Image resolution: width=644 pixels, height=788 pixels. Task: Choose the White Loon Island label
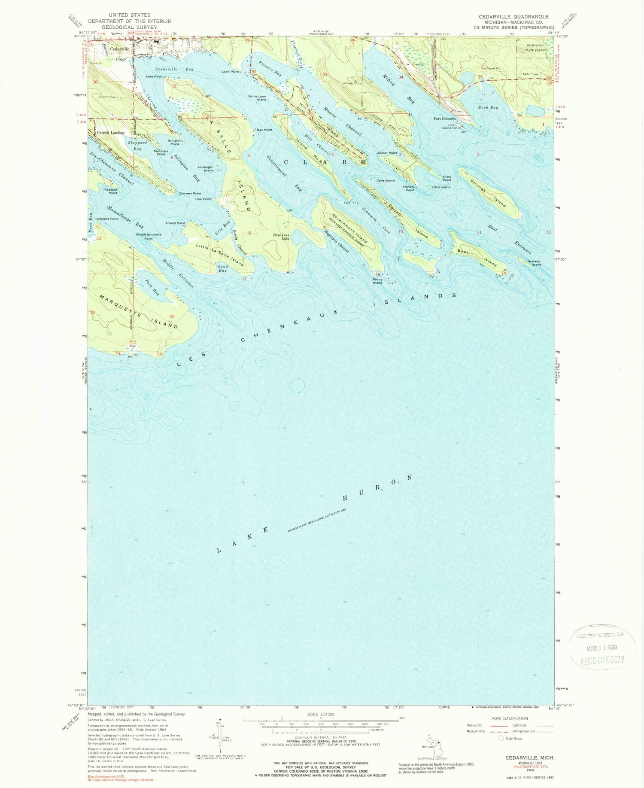(x=257, y=98)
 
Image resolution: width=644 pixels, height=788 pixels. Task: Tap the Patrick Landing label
(x=111, y=133)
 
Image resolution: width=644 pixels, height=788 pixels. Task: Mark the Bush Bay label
(x=488, y=107)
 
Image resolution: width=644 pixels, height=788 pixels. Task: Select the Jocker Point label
(x=387, y=153)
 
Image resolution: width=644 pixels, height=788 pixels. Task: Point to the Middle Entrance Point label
(x=149, y=236)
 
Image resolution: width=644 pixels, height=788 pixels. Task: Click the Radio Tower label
(x=530, y=74)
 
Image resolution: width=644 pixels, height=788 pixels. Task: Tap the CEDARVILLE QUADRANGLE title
(x=513, y=17)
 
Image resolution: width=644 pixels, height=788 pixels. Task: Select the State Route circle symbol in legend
(x=501, y=738)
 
